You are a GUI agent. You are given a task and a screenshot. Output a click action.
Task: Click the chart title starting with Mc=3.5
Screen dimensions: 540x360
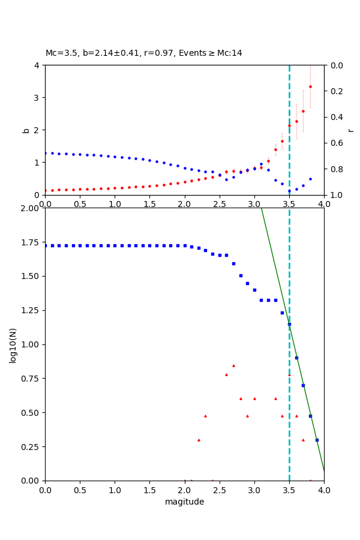tap(144, 53)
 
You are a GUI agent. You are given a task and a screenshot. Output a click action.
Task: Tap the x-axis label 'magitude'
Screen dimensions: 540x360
tap(184, 502)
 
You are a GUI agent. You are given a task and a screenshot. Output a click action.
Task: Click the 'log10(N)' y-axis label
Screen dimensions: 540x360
tap(13, 344)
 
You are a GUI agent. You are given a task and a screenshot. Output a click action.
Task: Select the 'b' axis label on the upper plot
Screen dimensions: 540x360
tap(26, 130)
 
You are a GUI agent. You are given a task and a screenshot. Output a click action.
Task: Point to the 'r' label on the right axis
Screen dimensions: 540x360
tap(351, 130)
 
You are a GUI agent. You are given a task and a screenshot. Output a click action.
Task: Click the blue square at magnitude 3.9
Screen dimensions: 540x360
tap(317, 440)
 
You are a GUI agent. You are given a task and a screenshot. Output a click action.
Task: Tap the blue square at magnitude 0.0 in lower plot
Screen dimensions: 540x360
tap(45, 245)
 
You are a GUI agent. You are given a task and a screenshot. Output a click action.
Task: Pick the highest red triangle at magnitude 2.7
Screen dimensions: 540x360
tap(233, 365)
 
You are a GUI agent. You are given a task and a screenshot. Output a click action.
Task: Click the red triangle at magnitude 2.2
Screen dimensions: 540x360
tap(199, 440)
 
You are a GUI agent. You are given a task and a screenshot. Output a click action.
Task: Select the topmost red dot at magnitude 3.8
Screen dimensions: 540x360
tap(310, 86)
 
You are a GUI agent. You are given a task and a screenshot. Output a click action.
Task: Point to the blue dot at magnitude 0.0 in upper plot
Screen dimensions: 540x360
tap(45, 153)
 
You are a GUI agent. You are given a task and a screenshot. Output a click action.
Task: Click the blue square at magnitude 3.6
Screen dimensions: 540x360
tap(296, 358)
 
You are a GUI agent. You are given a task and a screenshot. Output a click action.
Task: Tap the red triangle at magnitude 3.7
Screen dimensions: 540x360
tap(303, 440)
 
